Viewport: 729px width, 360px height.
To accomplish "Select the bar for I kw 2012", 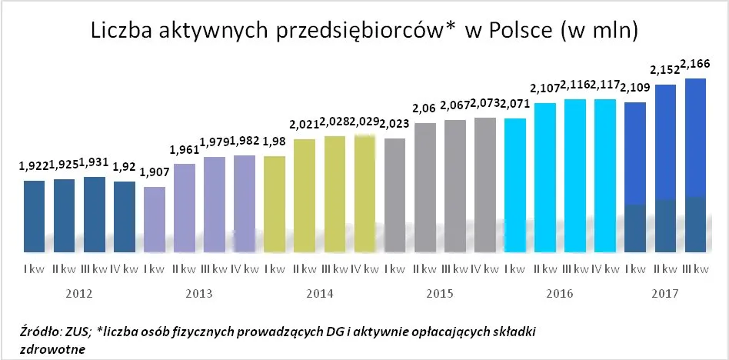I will (35, 215).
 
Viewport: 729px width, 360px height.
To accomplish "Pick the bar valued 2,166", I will (695, 165).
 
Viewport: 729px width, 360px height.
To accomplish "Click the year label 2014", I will (319, 293).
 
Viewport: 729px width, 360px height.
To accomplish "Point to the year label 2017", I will (665, 293).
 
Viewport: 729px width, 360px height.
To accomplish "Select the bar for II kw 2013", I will (185, 207).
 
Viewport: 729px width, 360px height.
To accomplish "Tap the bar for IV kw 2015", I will (485, 185).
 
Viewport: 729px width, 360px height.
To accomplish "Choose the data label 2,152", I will (663, 70).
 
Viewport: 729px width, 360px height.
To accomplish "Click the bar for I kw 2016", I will (515, 185).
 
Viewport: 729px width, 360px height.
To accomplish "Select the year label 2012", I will (80, 293).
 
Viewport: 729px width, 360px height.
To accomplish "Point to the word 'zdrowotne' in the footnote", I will (53, 348).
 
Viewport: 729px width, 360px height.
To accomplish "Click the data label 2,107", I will (544, 88).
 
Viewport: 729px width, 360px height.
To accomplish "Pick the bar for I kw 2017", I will (635, 177).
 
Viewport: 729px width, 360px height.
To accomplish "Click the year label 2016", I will (561, 293).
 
